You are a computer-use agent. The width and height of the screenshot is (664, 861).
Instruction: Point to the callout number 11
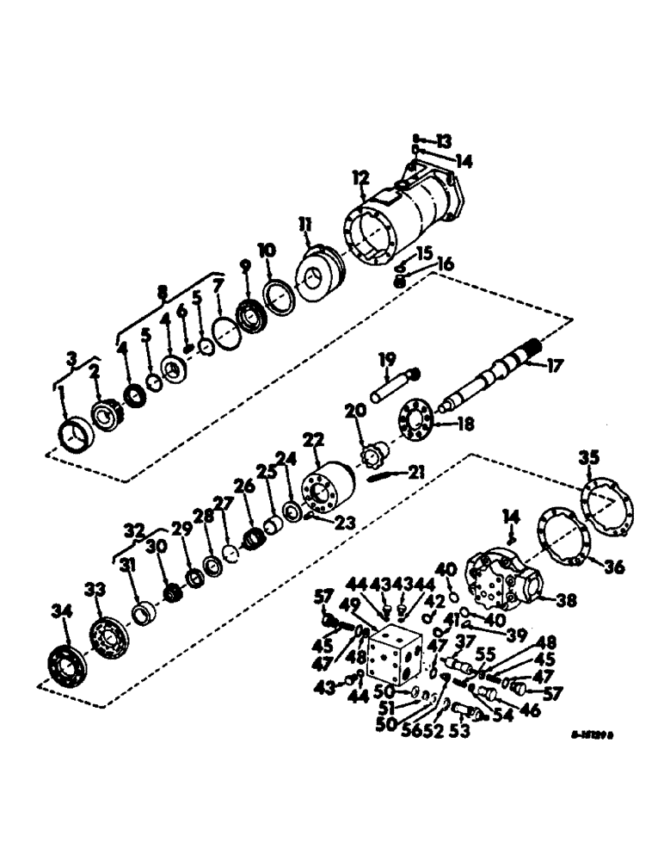[306, 226]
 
